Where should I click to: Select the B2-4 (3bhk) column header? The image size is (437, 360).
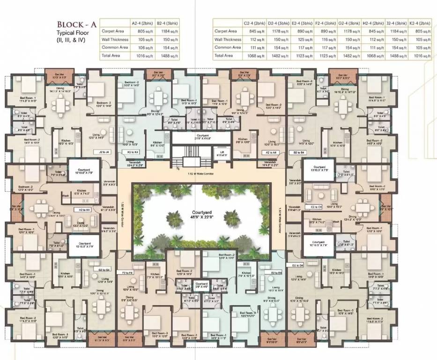click(x=167, y=22)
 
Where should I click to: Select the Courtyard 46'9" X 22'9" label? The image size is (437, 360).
click(x=202, y=215)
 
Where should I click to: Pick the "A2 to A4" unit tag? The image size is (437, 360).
click(x=271, y=152)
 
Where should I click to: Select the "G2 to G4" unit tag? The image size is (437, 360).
click(x=104, y=270)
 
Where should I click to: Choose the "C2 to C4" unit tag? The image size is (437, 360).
click(x=316, y=206)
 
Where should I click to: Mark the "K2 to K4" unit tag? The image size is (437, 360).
click(x=133, y=152)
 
